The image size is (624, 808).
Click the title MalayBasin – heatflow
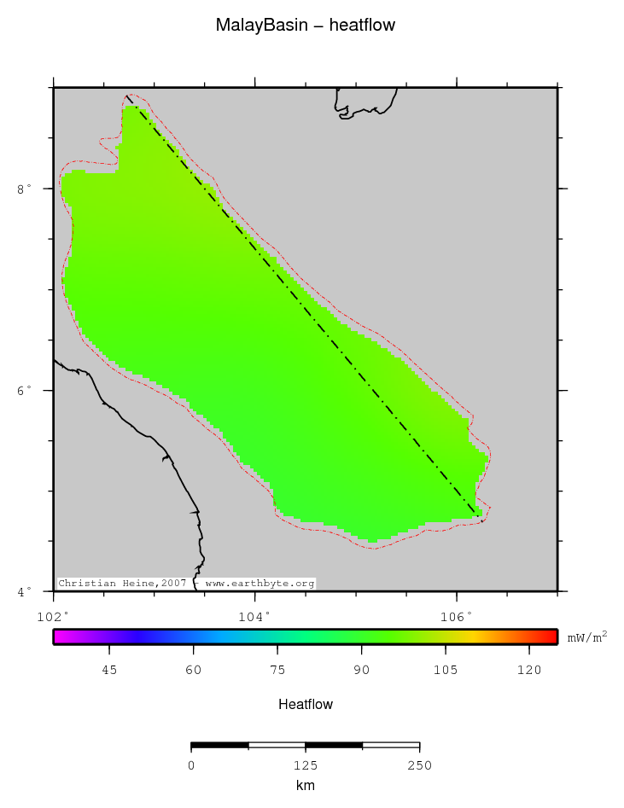305,26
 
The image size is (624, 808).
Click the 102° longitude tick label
53,615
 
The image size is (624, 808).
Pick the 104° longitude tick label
254,615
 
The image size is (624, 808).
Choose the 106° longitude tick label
456,615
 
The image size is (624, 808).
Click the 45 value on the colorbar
109,671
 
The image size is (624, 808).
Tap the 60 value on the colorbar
194,671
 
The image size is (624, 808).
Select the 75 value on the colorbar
277,671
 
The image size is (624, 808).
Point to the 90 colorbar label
362,671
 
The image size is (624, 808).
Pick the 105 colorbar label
446,671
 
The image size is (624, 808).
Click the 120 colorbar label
529,671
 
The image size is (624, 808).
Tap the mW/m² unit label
587,637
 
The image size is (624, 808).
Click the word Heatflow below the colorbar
305,705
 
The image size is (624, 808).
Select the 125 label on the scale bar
305,765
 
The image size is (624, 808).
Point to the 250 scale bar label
419,765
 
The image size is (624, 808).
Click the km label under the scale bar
305,785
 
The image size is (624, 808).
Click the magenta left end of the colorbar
58,637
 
